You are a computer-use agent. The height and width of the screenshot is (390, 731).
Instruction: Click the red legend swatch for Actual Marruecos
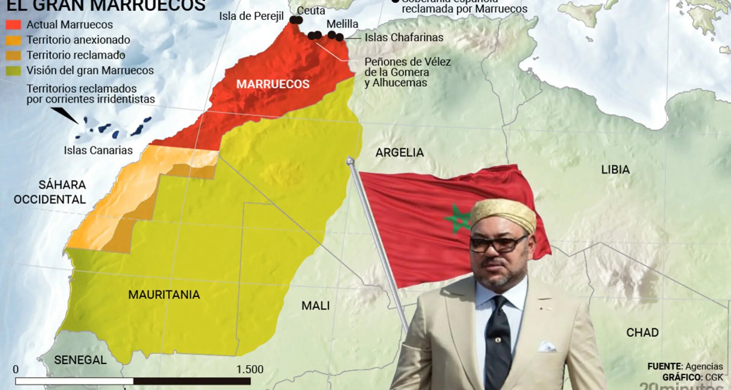click(13, 25)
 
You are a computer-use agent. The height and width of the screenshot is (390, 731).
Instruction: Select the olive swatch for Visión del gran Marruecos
click(13, 70)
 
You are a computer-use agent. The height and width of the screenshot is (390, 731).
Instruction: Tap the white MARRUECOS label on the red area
click(273, 84)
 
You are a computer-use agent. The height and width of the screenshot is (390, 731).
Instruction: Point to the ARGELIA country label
click(399, 153)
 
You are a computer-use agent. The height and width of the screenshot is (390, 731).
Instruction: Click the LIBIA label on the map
click(615, 169)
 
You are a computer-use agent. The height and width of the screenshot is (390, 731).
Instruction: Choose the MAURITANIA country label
click(164, 294)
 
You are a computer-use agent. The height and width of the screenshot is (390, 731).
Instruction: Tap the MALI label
click(315, 305)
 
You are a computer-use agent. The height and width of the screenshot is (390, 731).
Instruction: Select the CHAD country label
click(642, 332)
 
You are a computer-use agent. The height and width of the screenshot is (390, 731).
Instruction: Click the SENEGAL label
click(80, 360)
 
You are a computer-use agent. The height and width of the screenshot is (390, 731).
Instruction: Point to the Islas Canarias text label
click(98, 150)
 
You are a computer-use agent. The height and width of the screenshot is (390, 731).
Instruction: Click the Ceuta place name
click(311, 11)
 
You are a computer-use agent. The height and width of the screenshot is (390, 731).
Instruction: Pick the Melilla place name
click(342, 24)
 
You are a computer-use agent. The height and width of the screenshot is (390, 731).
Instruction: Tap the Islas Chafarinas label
click(404, 37)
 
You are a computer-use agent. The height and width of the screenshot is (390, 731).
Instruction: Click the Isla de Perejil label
click(251, 16)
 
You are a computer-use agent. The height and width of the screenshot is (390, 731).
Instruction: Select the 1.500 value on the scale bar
click(250, 369)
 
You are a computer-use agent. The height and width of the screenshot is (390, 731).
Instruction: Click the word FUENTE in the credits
click(664, 366)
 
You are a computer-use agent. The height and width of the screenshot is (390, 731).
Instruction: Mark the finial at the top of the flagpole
click(350, 160)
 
